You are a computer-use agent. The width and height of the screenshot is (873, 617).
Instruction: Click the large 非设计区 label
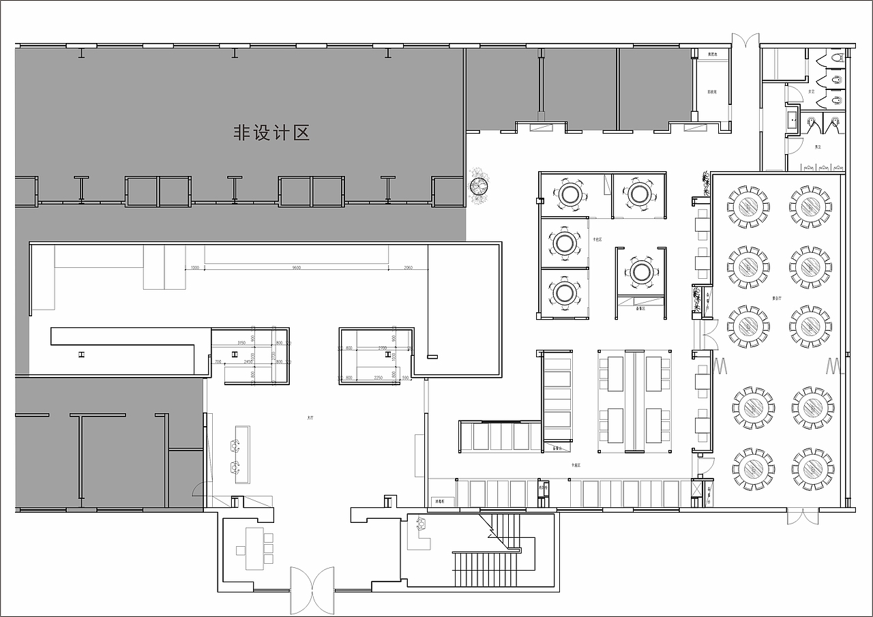pyautogui.click(x=271, y=133)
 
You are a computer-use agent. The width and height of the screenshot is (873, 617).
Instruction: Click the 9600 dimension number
pyautogui.click(x=297, y=268)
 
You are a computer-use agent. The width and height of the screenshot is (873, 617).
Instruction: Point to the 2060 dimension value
pyautogui.click(x=408, y=268)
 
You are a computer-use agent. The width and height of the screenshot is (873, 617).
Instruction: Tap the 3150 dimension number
pyautogui.click(x=241, y=342)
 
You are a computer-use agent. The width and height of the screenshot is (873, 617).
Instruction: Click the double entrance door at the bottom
pyautogui.click(x=312, y=590)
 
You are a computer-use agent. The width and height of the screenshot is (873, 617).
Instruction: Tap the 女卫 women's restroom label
pyautogui.click(x=811, y=91)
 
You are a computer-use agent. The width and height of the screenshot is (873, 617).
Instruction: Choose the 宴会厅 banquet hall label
pyautogui.click(x=776, y=298)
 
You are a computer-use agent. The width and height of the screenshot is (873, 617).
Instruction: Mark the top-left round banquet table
pyautogui.click(x=748, y=205)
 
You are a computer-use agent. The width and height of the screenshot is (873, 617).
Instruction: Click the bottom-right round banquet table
pyautogui.click(x=812, y=468)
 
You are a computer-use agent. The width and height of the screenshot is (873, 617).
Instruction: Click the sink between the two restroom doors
pyautogui.click(x=793, y=120)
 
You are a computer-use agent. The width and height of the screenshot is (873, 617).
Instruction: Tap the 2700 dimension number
pyautogui.click(x=382, y=348)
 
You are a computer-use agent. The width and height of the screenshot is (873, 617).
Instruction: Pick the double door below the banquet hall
pyautogui.click(x=802, y=516)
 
